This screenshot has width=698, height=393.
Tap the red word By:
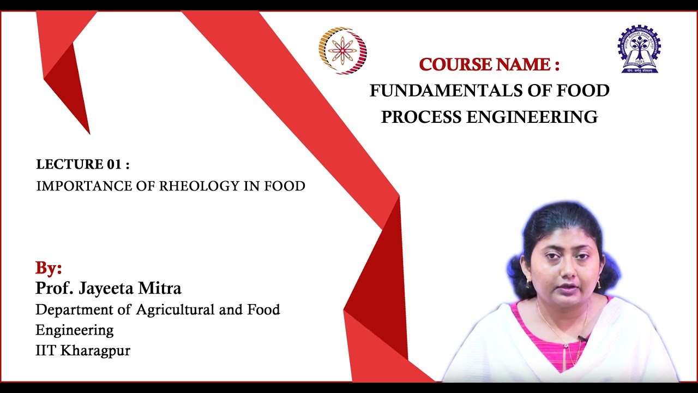49,268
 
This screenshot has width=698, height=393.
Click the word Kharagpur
95,350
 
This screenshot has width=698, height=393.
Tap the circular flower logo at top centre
342,51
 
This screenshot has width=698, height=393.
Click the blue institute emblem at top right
639,49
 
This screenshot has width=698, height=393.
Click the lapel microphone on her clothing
582,338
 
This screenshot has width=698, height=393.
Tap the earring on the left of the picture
527,284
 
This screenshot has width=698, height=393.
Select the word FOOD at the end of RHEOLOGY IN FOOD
284,186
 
